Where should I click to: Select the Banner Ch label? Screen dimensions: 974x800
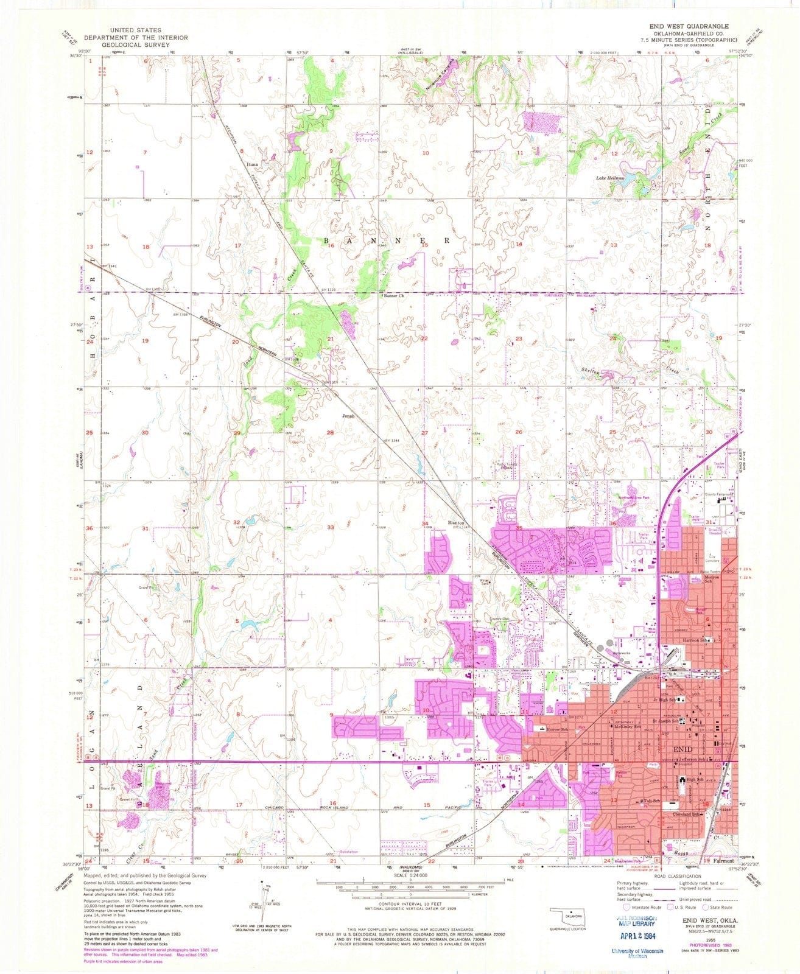[393, 297]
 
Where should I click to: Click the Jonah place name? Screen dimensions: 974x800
[348, 416]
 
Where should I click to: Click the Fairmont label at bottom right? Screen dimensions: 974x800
[724, 861]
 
